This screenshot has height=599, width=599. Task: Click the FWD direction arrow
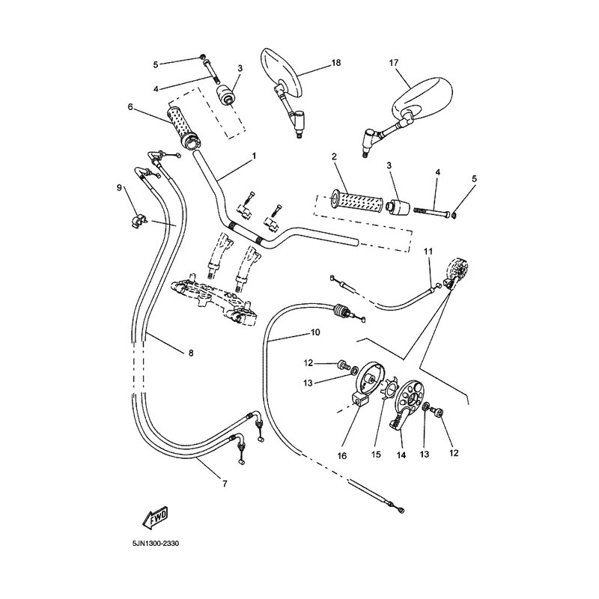155,517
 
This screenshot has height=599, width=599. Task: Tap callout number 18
336,63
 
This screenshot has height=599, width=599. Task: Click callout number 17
394,63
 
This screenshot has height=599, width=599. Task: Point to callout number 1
254,156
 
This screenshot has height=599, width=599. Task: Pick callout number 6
130,107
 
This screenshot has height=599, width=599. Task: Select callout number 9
119,188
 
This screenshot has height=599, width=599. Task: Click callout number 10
315,332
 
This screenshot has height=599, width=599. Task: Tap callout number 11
428,252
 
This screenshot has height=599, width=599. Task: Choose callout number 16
342,455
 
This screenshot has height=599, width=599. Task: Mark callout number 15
377,454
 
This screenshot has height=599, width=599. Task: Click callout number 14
401,455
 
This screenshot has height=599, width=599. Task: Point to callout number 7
225,484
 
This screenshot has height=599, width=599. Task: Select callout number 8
191,353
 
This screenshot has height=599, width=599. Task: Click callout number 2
334,156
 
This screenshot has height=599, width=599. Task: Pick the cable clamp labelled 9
137,220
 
